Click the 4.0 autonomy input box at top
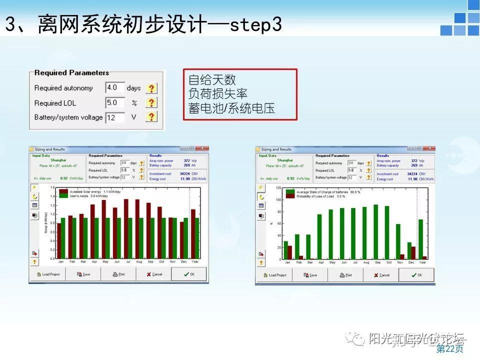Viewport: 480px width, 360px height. pyautogui.click(x=115, y=88)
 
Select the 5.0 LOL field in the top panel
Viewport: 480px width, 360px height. pyautogui.click(x=115, y=102)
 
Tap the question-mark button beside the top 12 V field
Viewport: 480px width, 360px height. pyautogui.click(x=151, y=117)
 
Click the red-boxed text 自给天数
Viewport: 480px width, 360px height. pyautogui.click(x=212, y=80)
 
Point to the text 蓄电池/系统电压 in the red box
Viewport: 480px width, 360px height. pyautogui.click(x=231, y=108)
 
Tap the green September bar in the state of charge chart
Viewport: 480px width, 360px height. pyautogui.click(x=376, y=232)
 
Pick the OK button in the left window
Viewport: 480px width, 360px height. pyautogui.click(x=189, y=274)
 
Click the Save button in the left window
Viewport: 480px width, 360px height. pyautogui.click(x=83, y=274)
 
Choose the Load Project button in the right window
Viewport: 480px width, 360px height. pyautogui.click(x=274, y=275)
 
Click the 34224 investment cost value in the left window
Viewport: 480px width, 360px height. pyautogui.click(x=185, y=173)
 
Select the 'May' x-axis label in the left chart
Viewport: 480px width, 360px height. pyautogui.click(x=105, y=262)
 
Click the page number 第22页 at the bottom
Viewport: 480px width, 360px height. pyautogui.click(x=449, y=348)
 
